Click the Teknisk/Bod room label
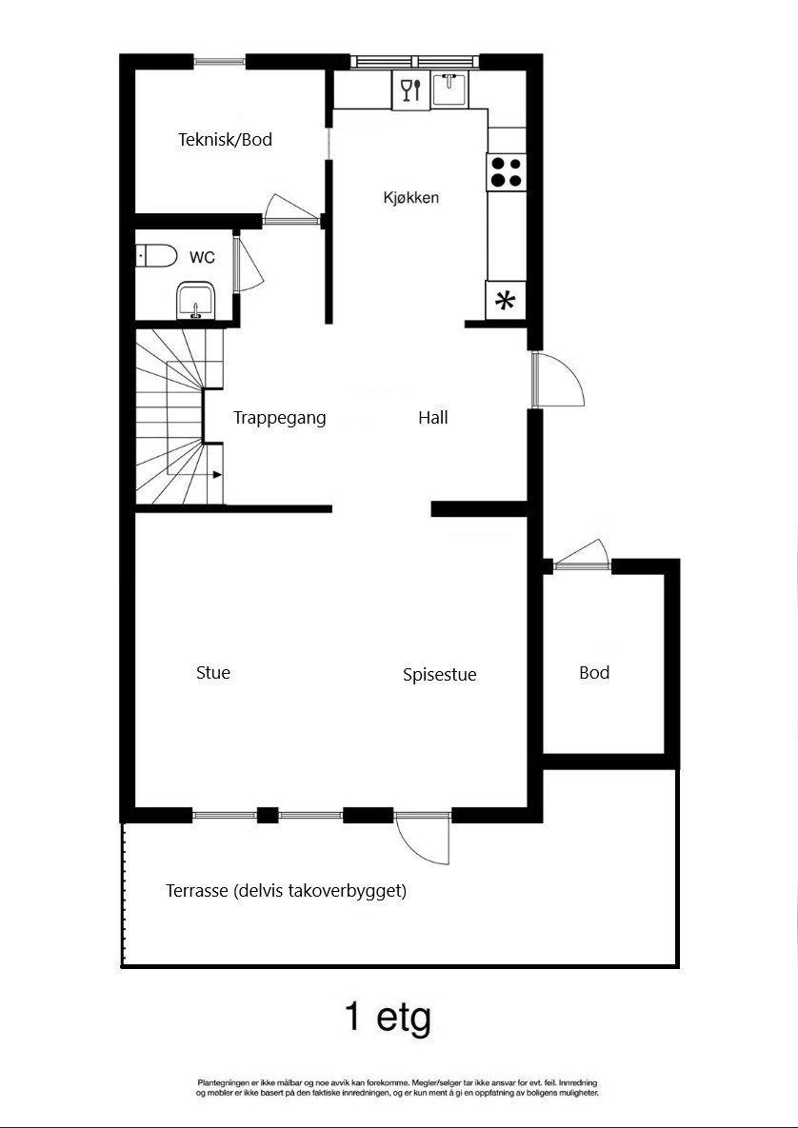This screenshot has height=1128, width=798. (225, 140)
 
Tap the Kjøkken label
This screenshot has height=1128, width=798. (410, 198)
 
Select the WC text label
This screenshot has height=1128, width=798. (202, 257)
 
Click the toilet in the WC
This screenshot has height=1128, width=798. (157, 255)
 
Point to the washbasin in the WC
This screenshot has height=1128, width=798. (197, 301)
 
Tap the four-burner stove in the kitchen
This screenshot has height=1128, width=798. (506, 171)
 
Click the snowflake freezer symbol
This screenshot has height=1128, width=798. (505, 302)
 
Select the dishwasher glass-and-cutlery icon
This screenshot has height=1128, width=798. (410, 90)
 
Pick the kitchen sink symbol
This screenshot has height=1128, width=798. (449, 90)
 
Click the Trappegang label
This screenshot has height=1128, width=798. (280, 417)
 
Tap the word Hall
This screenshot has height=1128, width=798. (432, 417)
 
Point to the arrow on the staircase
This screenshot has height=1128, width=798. (217, 474)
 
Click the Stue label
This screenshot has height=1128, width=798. (212, 673)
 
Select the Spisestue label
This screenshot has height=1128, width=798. (439, 675)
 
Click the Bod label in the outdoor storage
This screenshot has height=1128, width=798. (594, 673)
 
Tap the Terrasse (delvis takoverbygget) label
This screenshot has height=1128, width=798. (286, 892)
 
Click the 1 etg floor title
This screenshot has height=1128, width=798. (388, 1018)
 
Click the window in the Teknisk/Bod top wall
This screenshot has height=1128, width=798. (220, 63)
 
